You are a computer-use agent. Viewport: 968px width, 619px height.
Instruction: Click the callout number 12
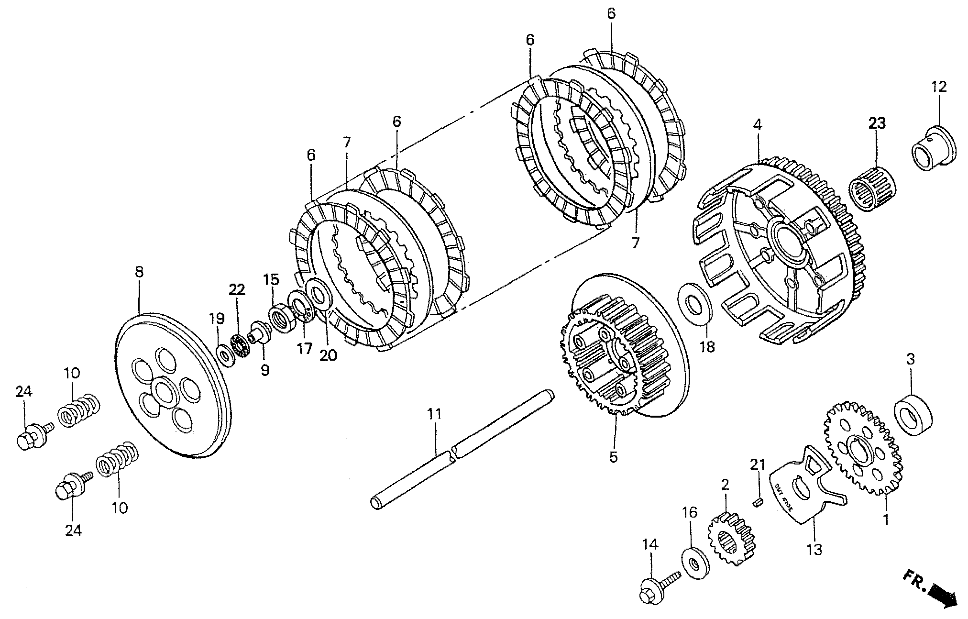pos(939,87)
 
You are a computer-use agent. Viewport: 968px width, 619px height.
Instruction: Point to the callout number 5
pos(614,456)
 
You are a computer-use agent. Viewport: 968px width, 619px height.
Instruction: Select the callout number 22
pos(236,289)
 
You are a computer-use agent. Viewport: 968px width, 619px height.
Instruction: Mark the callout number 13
pos(814,550)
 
